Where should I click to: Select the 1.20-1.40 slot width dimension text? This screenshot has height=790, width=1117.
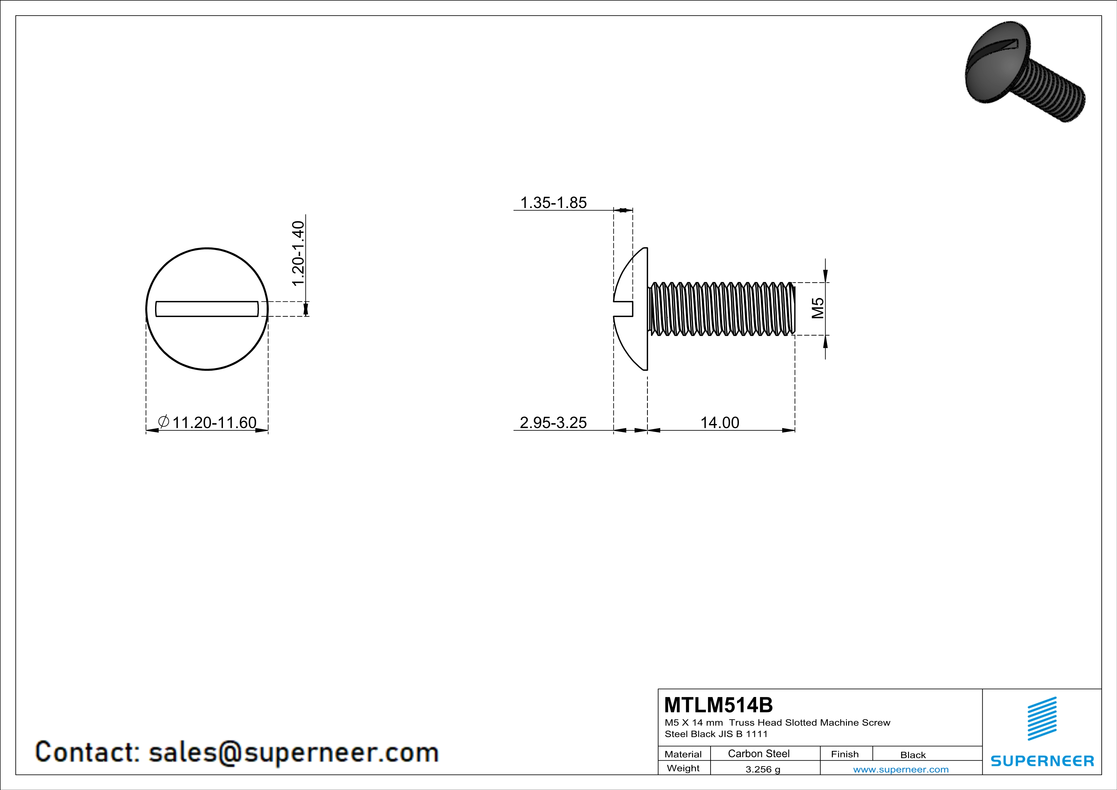[298, 254]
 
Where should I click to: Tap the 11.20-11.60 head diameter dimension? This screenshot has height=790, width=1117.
[214, 422]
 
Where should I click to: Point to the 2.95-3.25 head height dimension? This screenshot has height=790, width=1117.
[553, 422]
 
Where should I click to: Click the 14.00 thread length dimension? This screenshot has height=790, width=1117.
[720, 422]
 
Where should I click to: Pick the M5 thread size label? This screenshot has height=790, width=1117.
[818, 308]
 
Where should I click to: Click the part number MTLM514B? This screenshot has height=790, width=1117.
[718, 705]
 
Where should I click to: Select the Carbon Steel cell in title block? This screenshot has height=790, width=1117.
[758, 753]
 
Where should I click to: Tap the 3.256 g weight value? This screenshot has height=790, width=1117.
[762, 769]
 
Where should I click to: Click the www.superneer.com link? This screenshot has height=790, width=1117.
[900, 769]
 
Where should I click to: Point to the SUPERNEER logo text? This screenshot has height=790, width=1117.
[1042, 761]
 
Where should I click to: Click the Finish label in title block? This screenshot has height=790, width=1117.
[845, 754]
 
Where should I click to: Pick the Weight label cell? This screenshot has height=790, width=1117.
[683, 768]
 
